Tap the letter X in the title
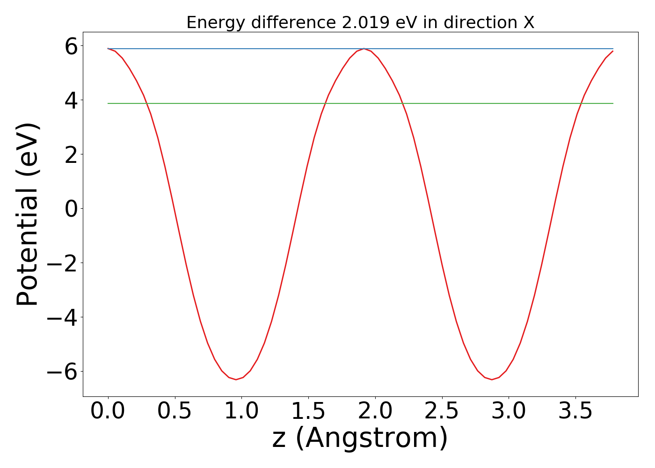tap(529, 22)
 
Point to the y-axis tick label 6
tap(71, 47)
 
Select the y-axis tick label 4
tap(71, 101)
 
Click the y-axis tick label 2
tap(71, 155)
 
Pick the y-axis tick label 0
tap(71, 209)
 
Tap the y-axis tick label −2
tap(63, 263)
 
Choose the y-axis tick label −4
tap(63, 318)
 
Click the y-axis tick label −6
tap(63, 372)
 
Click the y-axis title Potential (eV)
tap(28, 214)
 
